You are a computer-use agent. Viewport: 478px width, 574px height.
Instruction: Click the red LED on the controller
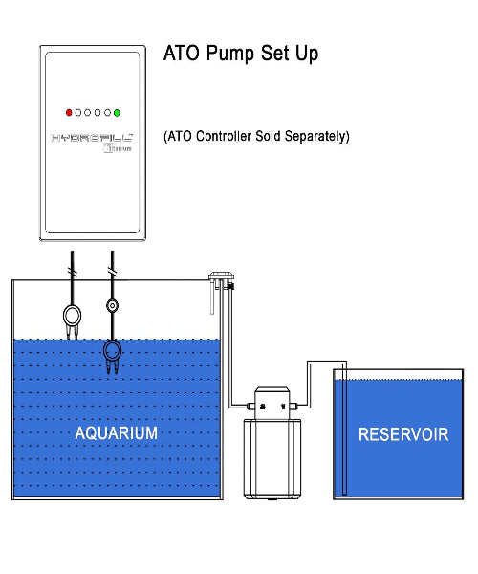coord(69,112)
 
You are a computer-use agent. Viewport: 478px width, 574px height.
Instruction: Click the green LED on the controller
coord(117,112)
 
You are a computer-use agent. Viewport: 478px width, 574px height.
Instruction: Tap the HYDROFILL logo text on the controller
coord(92,138)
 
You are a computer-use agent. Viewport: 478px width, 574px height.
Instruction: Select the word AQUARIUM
coord(117,433)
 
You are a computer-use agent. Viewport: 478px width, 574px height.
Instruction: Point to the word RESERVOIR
coord(403,434)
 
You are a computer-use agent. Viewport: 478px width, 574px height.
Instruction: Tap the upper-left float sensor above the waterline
coord(71,317)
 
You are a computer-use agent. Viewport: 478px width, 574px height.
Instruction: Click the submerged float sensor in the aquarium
coord(113,353)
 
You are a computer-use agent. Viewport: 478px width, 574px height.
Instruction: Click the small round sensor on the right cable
coord(113,307)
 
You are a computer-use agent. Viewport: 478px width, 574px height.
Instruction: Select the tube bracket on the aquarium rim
coord(221,278)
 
